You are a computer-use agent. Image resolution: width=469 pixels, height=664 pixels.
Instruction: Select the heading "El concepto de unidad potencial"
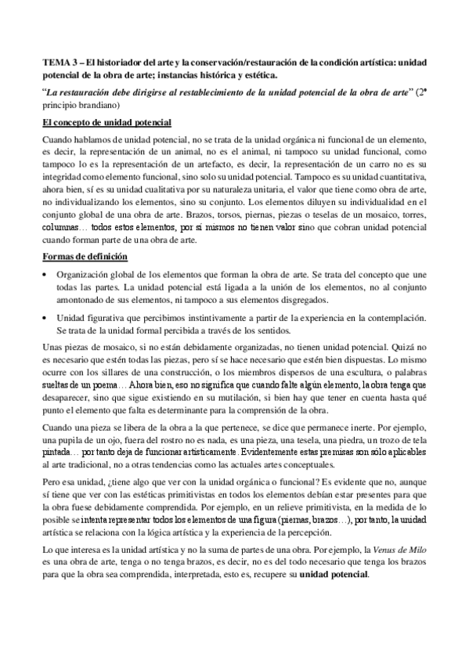coord(106,122)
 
